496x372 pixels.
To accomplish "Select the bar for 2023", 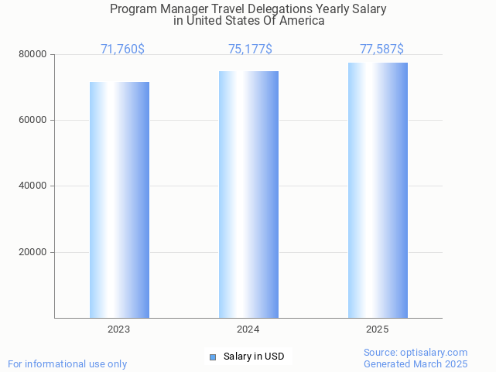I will coord(119,200).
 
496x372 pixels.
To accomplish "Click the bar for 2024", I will coord(248,194).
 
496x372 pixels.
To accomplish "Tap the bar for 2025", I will coord(378,190).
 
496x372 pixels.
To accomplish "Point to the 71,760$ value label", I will coord(122,49).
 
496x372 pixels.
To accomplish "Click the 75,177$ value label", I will coord(250,49).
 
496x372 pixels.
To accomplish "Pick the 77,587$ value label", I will coord(381,49).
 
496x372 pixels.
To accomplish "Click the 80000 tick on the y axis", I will coord(34,55).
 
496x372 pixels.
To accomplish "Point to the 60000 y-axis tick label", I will coord(34,121).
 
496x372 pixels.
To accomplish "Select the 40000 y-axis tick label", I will coord(34,186).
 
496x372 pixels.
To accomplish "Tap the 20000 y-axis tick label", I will coord(34,252).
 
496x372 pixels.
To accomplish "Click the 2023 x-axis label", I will coord(118,329).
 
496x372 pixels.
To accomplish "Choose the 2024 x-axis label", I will coord(248,329).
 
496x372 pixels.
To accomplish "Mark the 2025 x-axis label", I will coord(377,329).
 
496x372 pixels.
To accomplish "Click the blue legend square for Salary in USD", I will coord(213,357).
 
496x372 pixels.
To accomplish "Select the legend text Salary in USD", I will coord(254,357).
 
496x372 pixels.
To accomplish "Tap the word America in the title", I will coord(302,21).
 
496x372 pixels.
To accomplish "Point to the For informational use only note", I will coord(67,363).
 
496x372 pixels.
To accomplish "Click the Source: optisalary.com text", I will coord(416,353).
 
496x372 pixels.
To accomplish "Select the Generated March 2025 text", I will coord(416,363).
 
